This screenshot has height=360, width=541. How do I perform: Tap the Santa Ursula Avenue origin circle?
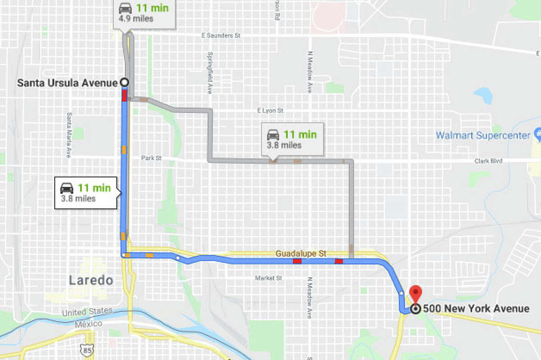pos(124,82)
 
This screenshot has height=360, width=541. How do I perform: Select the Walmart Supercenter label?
pos(483,135)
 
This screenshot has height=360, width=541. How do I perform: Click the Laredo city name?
pos(91,280)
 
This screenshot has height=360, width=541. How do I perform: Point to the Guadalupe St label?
pos(301,254)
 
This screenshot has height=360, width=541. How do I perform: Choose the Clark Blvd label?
pos(488,161)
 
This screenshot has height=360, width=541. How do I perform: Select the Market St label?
pos(268,278)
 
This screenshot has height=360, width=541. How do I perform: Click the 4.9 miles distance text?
pos(136,19)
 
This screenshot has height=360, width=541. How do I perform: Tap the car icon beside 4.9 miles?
pos(125,8)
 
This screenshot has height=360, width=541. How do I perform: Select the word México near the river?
pos(76,324)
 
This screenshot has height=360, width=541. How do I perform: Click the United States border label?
pos(87,312)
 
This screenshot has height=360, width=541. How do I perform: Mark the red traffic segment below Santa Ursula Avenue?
pos(124,95)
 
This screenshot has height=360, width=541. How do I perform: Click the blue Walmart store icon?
pos(537,134)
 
